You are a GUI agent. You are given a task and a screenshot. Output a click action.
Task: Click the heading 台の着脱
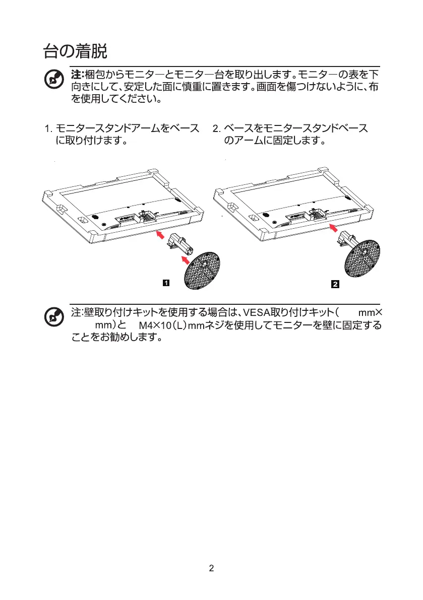(x=74, y=51)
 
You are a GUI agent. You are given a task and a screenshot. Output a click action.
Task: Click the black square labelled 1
(x=165, y=284)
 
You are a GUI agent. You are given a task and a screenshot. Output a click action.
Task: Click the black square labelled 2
(x=335, y=284)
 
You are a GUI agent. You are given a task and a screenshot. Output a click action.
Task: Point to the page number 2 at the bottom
(x=211, y=568)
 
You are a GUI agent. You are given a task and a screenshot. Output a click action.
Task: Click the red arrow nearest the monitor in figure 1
(x=159, y=234)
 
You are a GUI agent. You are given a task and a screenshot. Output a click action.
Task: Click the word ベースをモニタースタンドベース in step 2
(x=295, y=128)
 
